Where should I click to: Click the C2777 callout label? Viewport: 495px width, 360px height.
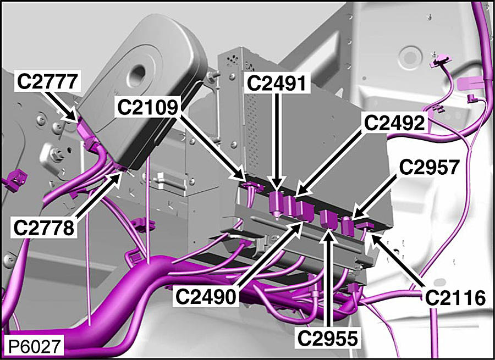[x=47, y=81]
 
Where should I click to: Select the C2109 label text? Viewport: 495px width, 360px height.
[x=147, y=107]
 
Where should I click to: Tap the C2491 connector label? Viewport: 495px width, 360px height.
[x=276, y=84]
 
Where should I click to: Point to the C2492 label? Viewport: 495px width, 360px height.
[x=394, y=123]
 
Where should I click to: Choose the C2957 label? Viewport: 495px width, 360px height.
[x=428, y=167]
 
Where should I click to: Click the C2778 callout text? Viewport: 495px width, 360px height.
[x=43, y=228]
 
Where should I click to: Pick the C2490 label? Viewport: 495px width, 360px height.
[x=206, y=297]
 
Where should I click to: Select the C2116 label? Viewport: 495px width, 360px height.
[x=455, y=297]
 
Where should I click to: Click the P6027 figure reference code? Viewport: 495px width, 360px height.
[x=34, y=346]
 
